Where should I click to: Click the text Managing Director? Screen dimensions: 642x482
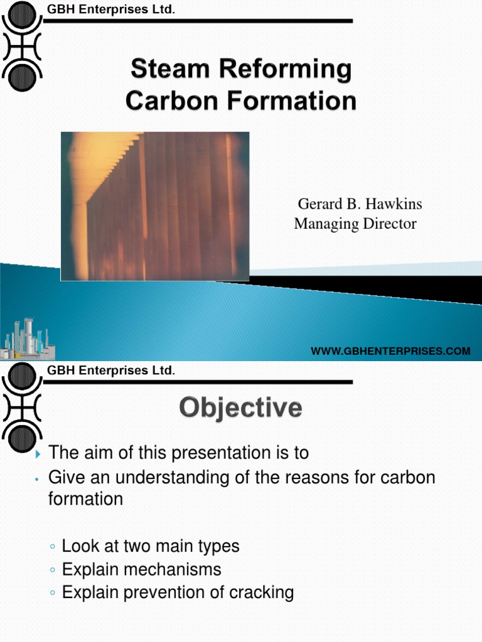[355, 224]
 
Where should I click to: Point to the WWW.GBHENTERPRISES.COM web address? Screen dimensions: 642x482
[390, 351]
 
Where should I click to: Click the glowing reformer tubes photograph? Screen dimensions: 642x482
[155, 206]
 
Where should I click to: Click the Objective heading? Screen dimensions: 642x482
[241, 409]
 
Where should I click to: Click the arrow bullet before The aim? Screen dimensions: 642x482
[38, 453]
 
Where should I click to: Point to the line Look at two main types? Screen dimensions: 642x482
[151, 546]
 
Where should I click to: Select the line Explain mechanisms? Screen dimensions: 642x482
[141, 569]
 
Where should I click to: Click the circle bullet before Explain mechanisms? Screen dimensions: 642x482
[53, 570]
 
